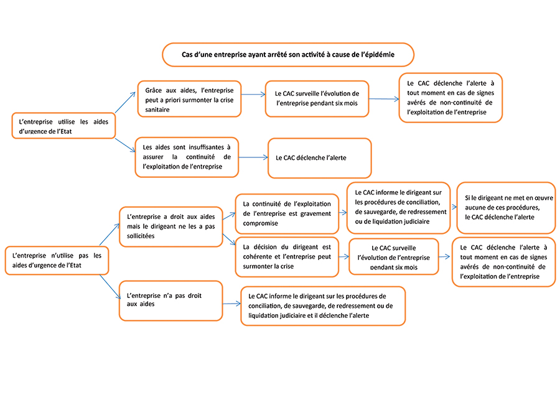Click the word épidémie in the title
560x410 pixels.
[377, 55]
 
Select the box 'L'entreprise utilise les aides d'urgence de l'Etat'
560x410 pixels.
[63, 126]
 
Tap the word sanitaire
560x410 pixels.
[157, 109]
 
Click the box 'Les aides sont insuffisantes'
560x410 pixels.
[187, 157]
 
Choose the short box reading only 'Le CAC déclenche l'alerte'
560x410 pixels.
[320, 158]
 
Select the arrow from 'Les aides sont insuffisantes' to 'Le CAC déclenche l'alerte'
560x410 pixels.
[253, 157]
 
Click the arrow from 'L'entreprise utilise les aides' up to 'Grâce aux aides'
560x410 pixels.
[125, 102]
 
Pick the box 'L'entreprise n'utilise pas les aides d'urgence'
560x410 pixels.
[57, 260]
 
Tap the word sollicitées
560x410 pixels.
[141, 236]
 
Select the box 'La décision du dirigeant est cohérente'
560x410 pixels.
[287, 257]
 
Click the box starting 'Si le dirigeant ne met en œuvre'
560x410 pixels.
[506, 208]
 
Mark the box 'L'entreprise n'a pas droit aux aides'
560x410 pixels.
[170, 301]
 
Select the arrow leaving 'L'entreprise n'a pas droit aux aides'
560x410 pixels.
[232, 304]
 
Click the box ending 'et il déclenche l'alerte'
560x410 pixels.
[323, 306]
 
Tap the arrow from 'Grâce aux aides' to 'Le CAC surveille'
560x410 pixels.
[254, 95]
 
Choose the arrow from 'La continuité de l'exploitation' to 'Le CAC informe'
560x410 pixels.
[343, 213]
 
